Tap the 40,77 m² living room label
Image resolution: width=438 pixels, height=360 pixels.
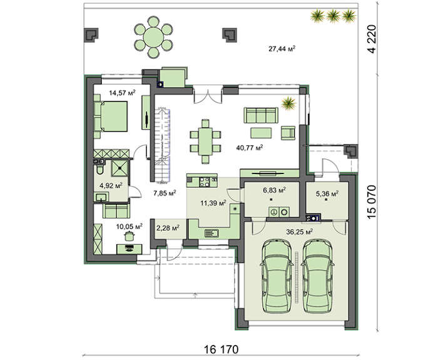[x=250, y=148]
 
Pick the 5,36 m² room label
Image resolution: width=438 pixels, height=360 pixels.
[x=325, y=193]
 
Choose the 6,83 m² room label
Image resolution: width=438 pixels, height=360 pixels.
[x=273, y=189]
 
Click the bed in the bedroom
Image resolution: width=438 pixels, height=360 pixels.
[x=113, y=117]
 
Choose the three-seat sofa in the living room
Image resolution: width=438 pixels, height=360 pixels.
[x=260, y=114]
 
